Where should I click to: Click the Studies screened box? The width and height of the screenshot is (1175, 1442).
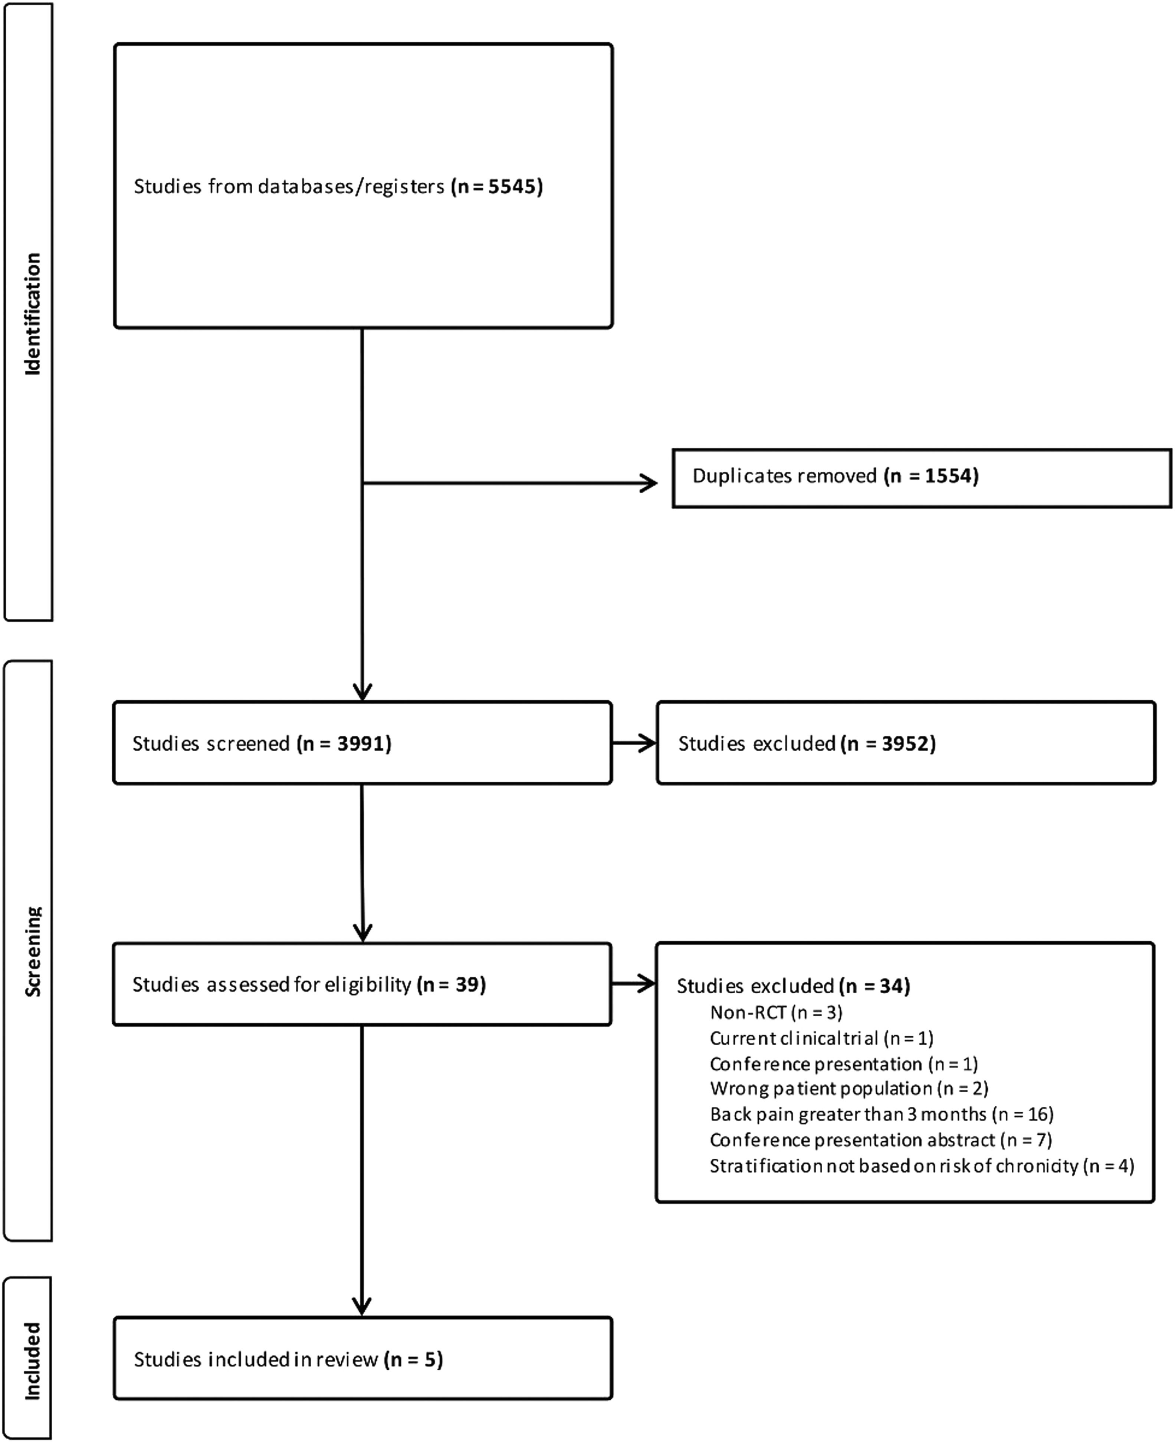[363, 743]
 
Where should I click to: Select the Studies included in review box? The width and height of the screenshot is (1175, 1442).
[363, 1359]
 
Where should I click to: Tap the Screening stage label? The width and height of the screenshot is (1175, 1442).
[33, 951]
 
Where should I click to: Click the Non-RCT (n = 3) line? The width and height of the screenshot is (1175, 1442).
[776, 1012]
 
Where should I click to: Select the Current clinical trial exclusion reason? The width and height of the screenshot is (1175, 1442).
[821, 1038]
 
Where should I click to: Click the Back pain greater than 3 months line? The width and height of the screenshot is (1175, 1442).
[881, 1114]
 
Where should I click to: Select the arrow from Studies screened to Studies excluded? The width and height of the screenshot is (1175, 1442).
[634, 743]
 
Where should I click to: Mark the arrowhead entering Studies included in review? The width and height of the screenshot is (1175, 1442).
[362, 1306]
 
